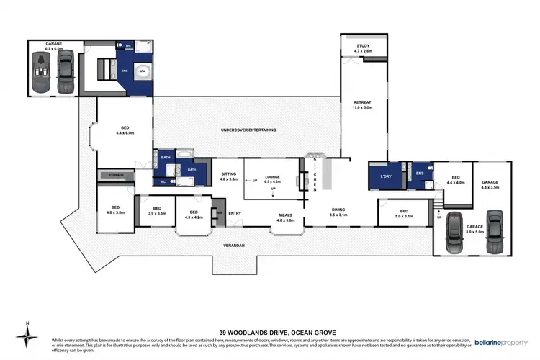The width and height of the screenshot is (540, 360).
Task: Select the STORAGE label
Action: coord(117,175)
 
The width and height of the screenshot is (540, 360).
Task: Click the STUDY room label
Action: coord(363,49)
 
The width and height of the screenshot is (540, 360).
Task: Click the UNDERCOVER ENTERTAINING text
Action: coord(248,130)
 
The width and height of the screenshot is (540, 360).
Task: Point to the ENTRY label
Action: coord(235,213)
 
